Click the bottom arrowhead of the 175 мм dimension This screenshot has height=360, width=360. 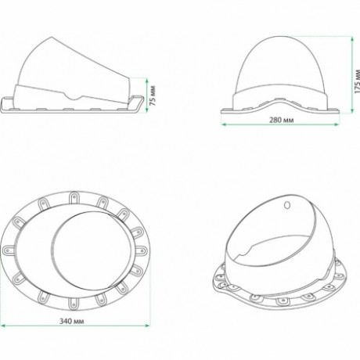pos(347,114)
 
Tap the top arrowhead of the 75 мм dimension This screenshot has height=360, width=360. pos(146,77)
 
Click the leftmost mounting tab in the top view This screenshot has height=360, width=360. pos(13,247)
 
